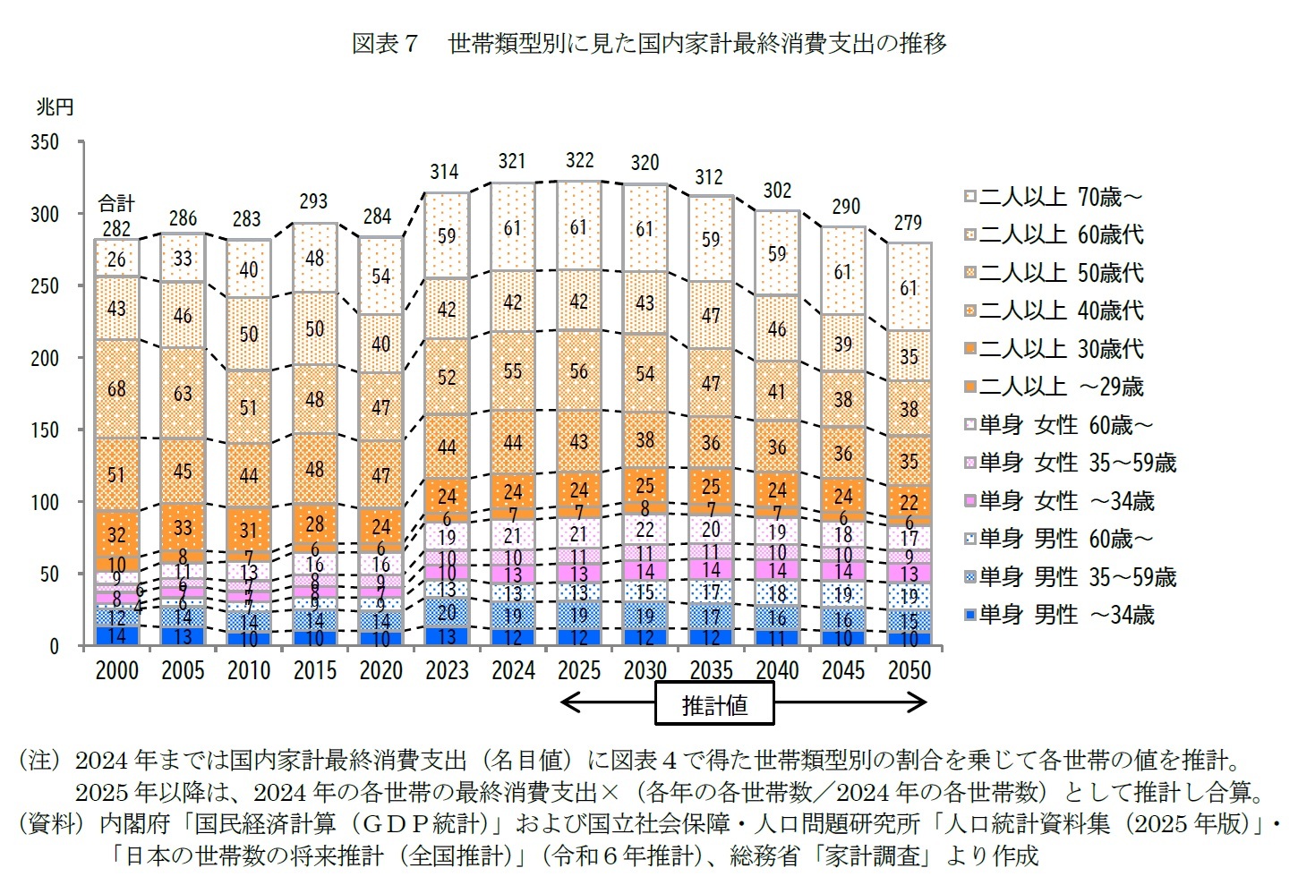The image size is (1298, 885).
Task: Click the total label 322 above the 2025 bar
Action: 579,160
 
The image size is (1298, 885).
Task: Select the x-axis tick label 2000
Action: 116,670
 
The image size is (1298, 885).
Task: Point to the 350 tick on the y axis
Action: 45,142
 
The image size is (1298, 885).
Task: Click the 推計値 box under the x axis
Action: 714,704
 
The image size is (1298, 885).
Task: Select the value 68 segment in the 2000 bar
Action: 116,389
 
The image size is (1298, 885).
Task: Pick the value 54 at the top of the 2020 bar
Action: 381,277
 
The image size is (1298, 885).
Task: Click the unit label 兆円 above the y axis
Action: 55,107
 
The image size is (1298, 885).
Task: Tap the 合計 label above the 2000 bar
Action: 116,203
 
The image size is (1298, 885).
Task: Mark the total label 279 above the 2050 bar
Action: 908,222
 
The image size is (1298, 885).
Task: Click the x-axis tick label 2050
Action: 909,670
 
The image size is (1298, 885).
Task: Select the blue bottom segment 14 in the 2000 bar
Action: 116,635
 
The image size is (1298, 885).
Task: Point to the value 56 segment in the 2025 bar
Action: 579,371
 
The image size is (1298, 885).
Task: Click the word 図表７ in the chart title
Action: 385,43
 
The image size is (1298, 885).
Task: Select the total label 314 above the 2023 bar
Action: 444,172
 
